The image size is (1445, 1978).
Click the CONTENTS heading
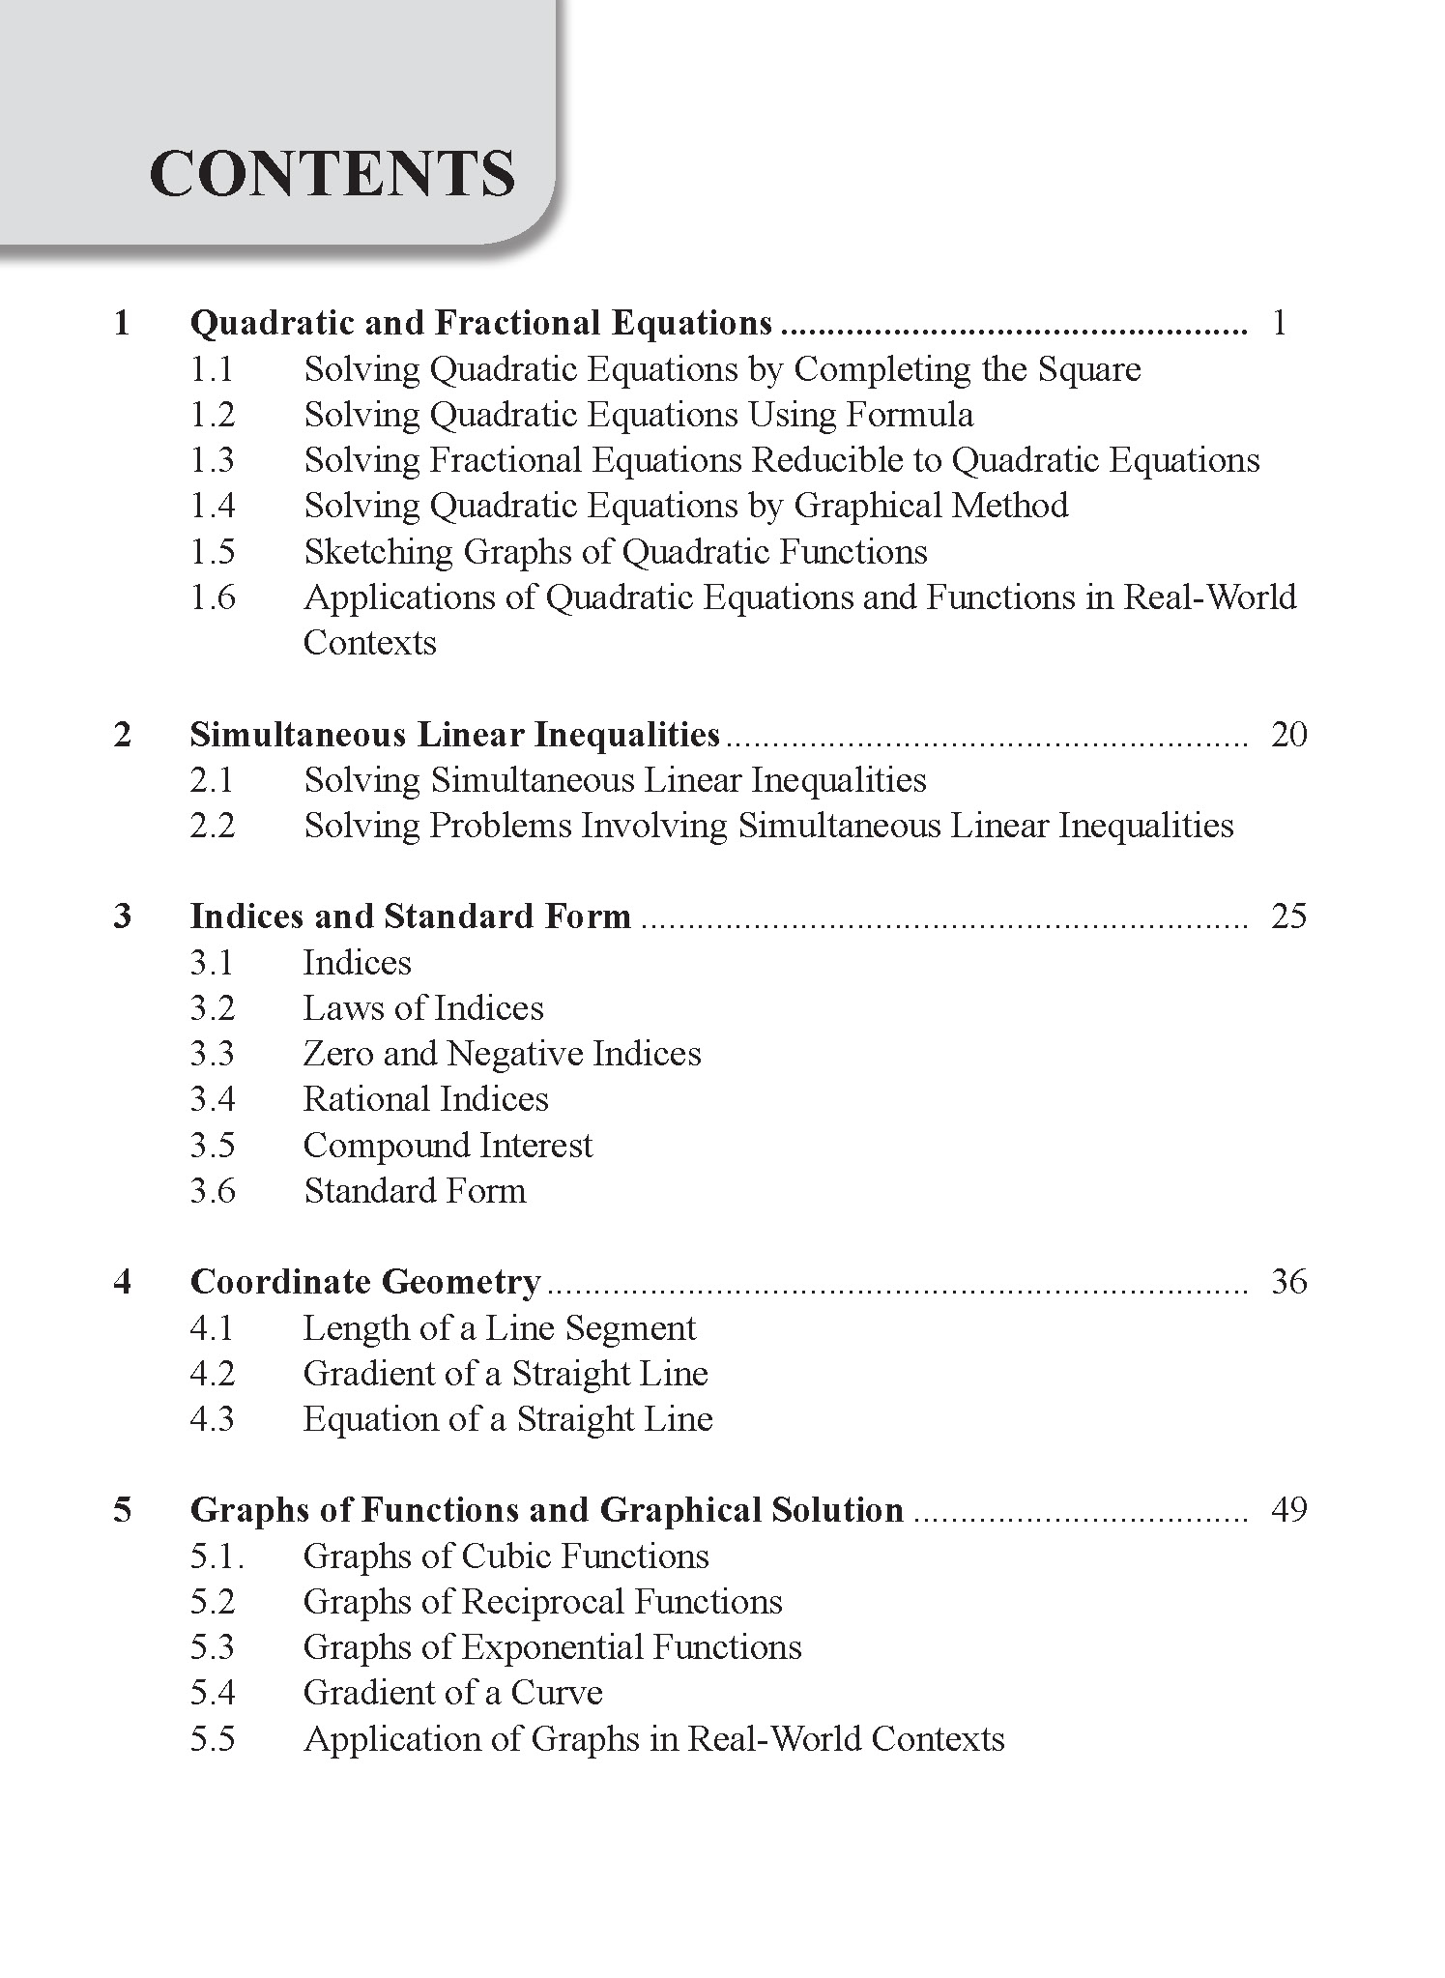coord(332,174)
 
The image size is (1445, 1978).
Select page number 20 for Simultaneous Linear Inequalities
coord(1288,735)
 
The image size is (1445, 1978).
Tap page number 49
coord(1288,1509)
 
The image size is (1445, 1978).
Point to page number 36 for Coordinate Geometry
coord(1288,1282)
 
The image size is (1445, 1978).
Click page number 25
coord(1288,916)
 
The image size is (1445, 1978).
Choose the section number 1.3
coord(213,460)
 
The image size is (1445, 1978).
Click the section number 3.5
coord(213,1146)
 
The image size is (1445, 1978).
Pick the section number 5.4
coord(213,1693)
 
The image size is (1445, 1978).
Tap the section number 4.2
coord(213,1374)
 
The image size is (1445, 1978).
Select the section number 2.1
coord(213,780)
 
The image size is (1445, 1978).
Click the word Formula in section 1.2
coord(910,415)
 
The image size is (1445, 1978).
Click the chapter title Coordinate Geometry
coord(365,1282)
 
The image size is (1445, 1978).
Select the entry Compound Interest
coord(448,1146)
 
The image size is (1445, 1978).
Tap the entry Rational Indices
coord(425,1099)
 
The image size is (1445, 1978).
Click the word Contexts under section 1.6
coord(370,643)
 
